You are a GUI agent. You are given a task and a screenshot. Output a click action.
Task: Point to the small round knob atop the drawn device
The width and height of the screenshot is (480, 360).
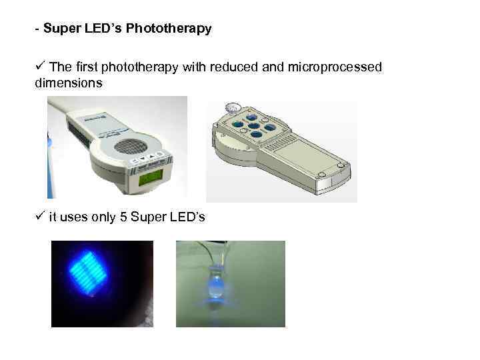[233, 107]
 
